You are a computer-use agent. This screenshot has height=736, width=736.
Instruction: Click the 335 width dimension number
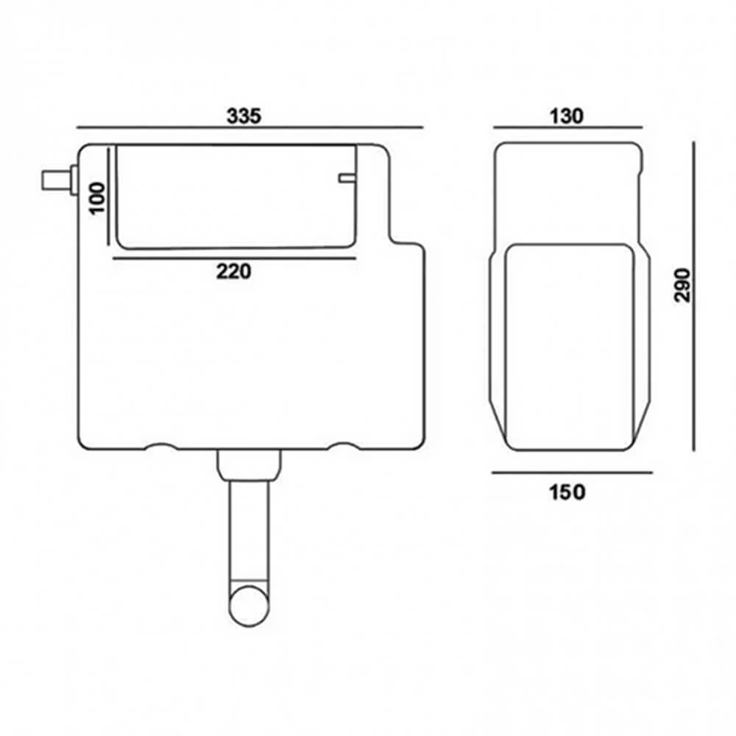coord(244,116)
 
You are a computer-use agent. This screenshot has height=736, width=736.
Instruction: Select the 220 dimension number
coord(233,272)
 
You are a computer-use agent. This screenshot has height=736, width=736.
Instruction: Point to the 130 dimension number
coord(566,116)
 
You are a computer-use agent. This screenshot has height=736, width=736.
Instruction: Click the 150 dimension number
coord(567,492)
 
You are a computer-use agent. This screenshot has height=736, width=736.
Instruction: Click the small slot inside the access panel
coord(347,177)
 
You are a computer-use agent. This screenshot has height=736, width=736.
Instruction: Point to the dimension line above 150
coord(572,473)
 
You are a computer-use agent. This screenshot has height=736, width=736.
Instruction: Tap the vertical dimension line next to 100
coord(110,197)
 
